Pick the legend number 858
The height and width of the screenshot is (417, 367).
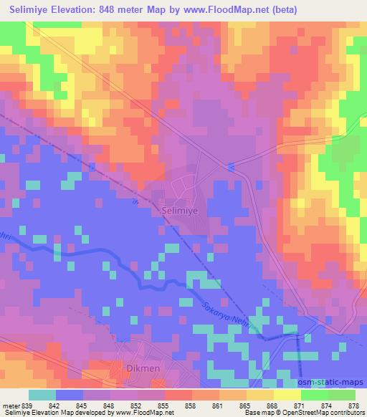(168, 405)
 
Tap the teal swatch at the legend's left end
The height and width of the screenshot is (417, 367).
(42, 395)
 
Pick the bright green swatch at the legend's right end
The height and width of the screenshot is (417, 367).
(341, 395)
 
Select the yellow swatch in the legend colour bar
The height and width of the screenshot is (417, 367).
(259, 395)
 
